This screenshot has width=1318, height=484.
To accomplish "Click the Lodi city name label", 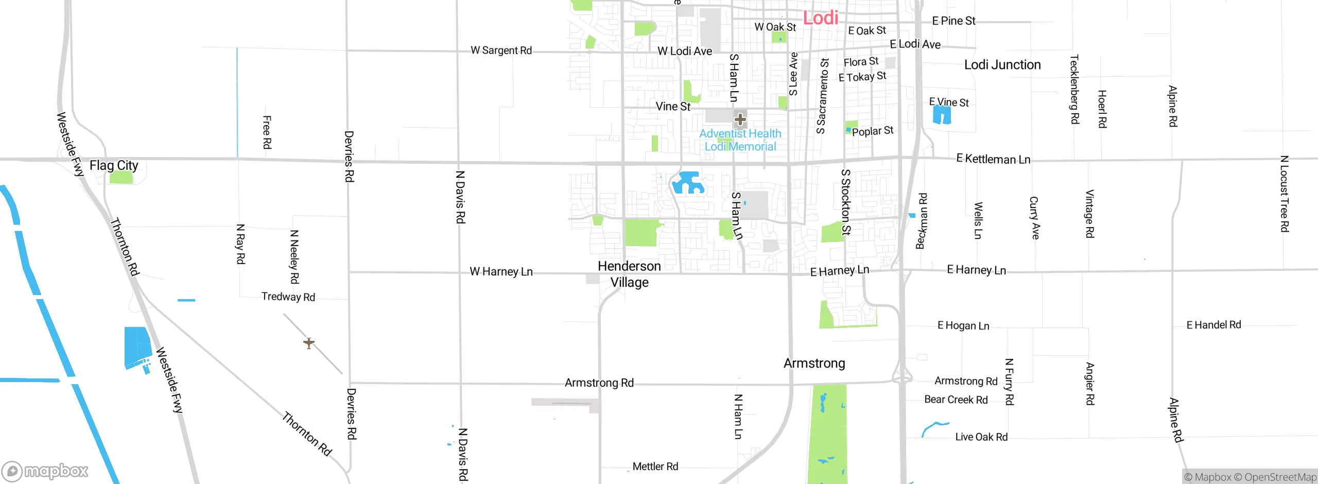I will [821, 18].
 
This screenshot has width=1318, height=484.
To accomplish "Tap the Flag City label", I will [114, 165].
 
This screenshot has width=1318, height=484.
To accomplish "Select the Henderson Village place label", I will [629, 274].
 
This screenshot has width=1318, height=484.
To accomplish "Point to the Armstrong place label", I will [814, 364].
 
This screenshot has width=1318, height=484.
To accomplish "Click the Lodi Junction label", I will [1002, 65].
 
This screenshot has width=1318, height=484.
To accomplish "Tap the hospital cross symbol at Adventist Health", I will [740, 120].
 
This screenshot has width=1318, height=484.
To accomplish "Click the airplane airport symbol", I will [309, 343].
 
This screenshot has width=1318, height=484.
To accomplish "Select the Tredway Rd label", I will [288, 297].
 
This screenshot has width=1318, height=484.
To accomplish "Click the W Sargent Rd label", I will [501, 50].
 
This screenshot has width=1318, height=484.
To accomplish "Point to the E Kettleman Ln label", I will [993, 159].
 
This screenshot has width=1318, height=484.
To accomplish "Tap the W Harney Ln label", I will [501, 271].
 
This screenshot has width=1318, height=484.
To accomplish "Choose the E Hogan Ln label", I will [963, 325].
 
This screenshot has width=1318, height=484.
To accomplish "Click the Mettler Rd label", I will [655, 466].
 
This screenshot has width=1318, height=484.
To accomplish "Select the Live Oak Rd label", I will [981, 437].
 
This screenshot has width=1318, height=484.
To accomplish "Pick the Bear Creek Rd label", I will [956, 400].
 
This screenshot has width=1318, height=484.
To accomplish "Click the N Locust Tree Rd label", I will [1285, 194].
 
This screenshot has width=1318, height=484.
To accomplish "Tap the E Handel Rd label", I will [1213, 325].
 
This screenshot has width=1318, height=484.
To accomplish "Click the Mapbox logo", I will [45, 471].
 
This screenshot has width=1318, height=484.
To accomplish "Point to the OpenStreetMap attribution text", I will [1280, 477].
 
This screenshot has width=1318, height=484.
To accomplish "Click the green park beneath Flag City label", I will [122, 178].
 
